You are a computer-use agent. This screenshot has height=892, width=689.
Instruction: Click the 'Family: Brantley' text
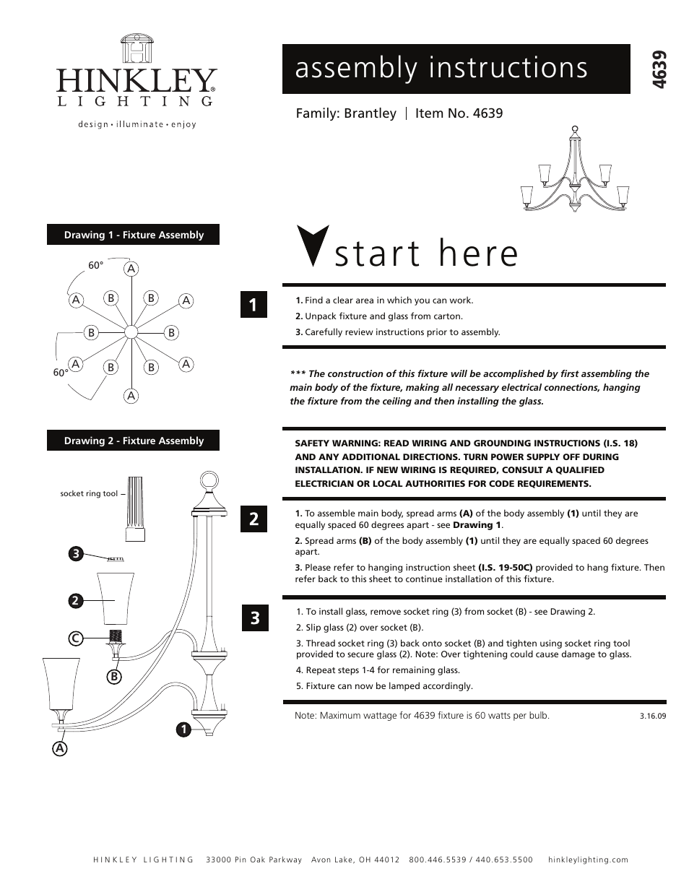(346, 113)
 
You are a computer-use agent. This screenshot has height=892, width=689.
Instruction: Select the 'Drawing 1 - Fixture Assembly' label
(134, 235)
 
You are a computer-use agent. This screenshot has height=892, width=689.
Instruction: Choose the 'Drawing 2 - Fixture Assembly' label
(134, 441)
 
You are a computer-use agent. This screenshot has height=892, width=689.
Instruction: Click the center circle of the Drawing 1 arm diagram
(131, 332)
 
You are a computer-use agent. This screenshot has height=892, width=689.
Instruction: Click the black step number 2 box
(253, 519)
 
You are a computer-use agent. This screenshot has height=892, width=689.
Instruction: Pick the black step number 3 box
(253, 618)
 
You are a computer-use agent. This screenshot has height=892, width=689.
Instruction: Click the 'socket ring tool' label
(89, 494)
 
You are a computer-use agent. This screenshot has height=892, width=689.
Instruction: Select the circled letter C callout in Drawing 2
(74, 638)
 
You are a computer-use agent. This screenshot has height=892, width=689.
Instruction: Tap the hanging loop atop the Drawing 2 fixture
(208, 480)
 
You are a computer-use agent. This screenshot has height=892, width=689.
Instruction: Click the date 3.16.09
(652, 716)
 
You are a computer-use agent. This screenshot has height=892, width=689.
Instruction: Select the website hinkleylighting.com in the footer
(588, 859)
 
